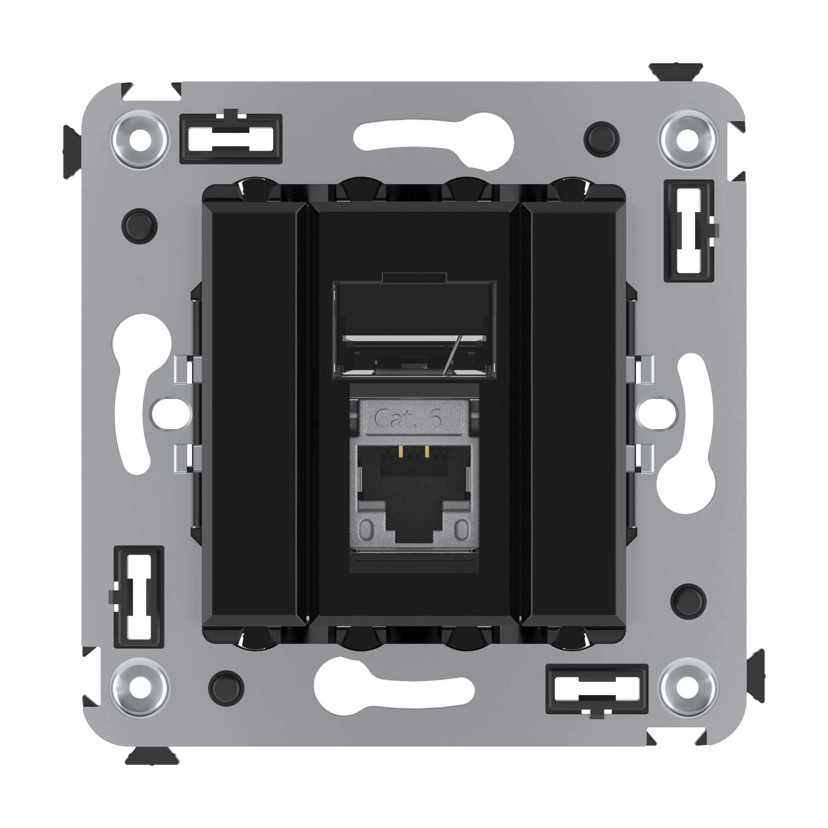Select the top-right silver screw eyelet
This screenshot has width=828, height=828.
click(x=688, y=140)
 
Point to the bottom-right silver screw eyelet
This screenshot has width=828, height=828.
click(x=688, y=689)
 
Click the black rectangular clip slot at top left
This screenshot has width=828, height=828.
click(x=231, y=138)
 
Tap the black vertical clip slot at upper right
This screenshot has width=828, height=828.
click(x=689, y=231)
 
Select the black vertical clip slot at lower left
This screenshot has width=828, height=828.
click(x=139, y=597)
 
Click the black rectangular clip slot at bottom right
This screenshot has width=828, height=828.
click(x=597, y=690)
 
